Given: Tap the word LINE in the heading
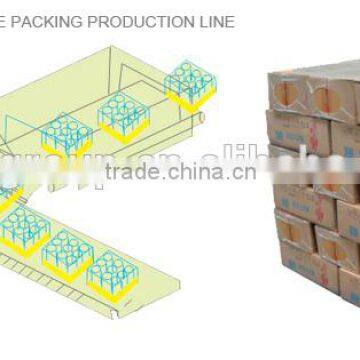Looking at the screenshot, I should tap(216, 20).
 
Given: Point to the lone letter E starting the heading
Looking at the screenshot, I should tap(6, 20).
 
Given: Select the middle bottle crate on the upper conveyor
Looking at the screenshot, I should tap(124, 115).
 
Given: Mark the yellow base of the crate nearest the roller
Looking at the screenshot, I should tap(187, 100).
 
